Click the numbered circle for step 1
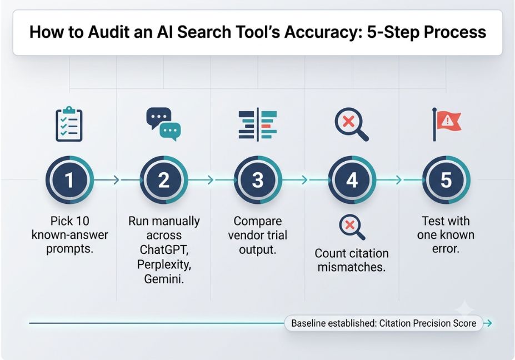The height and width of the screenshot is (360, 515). pos(69,180)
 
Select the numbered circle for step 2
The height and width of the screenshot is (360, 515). pos(164,180)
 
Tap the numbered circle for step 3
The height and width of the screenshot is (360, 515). pos(258,180)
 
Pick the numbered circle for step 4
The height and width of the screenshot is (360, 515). pos(352,180)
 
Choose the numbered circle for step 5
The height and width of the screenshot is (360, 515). pos(446,180)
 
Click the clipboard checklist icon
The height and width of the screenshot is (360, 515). pos(69,124)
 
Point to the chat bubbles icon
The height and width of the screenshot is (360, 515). pos(163,124)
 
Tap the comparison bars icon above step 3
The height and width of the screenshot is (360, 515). pos(258,124)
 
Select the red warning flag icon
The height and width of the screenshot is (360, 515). pos(447,124)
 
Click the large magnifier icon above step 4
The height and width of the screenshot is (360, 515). pos(352,124)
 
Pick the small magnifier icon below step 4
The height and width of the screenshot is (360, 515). pos(352,227)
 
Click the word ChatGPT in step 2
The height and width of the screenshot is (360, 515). pos(164,249)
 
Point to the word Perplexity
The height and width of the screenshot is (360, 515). pos(164,264)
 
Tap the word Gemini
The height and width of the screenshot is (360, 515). pos(164,279)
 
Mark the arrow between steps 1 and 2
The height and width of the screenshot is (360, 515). pos(107,180)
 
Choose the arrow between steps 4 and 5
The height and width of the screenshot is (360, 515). pos(389,180)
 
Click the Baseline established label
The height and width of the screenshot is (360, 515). pos(384,323)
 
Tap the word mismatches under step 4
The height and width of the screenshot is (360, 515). pos(352,267)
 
